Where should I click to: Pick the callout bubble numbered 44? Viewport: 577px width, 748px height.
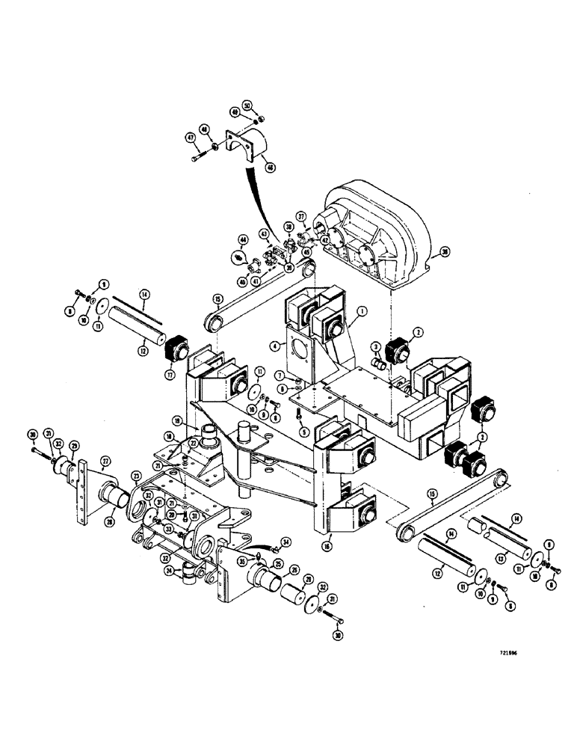242,240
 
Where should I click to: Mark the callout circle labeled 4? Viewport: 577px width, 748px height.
276,346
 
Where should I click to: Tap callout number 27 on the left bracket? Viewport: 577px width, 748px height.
105,461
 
